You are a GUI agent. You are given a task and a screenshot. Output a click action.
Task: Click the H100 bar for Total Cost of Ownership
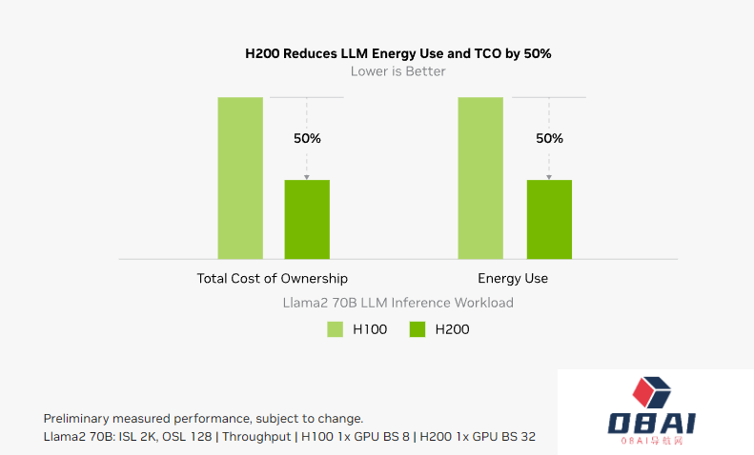tap(240, 177)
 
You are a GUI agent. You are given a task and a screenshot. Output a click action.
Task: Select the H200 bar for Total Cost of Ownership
tap(307, 219)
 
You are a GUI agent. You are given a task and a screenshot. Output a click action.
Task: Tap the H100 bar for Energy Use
tap(480, 177)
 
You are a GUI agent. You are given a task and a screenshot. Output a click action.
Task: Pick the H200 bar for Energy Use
tap(549, 219)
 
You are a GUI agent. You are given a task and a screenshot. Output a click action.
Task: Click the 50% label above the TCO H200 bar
tap(307, 138)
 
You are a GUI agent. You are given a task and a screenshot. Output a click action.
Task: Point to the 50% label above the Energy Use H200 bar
tap(549, 138)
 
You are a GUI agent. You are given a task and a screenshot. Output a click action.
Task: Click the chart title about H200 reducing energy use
tap(397, 53)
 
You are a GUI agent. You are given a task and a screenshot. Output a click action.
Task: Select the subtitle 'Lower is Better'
tap(397, 71)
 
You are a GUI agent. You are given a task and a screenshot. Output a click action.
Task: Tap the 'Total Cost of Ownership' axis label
tap(272, 279)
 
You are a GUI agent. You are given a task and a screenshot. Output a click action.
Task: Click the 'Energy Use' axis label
tap(513, 279)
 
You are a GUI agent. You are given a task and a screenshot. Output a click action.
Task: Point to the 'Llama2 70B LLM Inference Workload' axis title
tap(397, 303)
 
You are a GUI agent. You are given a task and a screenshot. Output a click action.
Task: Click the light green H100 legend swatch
tap(335, 329)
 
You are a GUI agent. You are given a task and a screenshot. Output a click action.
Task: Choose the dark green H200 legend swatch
tap(418, 329)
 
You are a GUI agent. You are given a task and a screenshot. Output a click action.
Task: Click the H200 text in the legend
tap(452, 329)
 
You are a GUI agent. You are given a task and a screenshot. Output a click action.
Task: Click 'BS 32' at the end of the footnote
tap(519, 436)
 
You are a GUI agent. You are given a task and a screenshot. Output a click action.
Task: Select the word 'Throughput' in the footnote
tap(256, 436)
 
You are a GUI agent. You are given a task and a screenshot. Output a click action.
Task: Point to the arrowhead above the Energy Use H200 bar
tap(549, 177)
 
